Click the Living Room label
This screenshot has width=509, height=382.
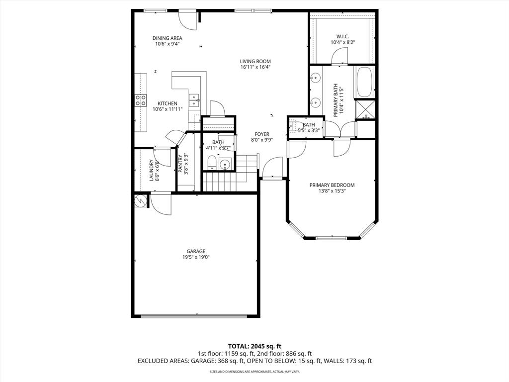coord(255,61)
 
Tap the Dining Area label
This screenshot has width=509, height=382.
coord(167,38)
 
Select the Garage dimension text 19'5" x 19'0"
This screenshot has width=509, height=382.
coord(196,257)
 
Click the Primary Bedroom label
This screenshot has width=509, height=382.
coord(332,185)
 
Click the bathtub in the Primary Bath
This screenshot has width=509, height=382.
coord(364,82)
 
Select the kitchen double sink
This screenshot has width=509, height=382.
coord(194,98)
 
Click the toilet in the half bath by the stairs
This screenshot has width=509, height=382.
coord(211,163)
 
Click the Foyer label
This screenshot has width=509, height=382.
coord(262,134)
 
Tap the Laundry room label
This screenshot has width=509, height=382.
coord(152,170)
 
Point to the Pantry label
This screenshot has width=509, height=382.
coord(180,164)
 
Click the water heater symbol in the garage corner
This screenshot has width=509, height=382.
coord(140,201)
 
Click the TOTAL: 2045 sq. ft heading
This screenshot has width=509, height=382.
coord(254,346)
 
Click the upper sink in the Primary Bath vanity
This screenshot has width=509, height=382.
coord(315,78)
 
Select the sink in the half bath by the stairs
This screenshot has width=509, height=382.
coord(225,164)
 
